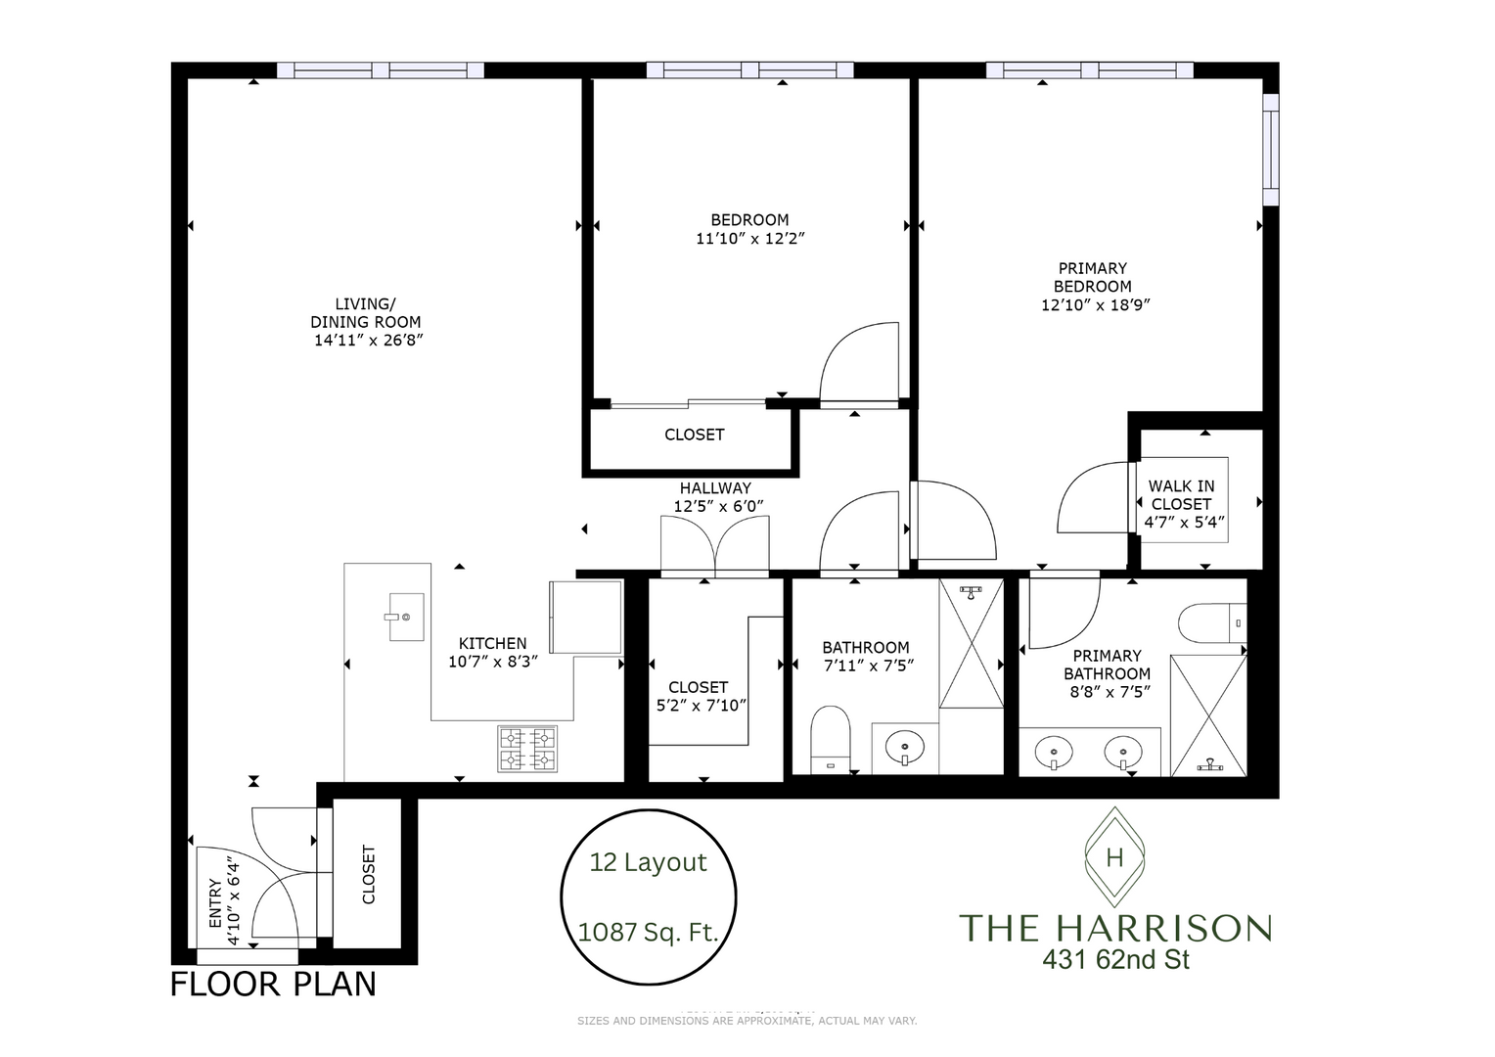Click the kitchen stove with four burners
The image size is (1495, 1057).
pyautogui.click(x=527, y=749)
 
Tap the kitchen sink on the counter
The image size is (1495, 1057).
pyautogui.click(x=406, y=617)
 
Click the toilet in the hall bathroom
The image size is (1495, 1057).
pyautogui.click(x=831, y=739)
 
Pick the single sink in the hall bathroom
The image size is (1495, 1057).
pyautogui.click(x=905, y=750)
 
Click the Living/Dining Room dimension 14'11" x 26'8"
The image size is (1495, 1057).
pyautogui.click(x=368, y=341)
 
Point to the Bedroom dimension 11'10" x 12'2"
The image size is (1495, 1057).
pyautogui.click(x=749, y=238)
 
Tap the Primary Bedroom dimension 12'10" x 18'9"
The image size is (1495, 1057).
pyautogui.click(x=1094, y=304)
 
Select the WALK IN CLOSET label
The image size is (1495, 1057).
pyautogui.click(x=1181, y=494)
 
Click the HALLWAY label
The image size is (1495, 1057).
pyautogui.click(x=715, y=487)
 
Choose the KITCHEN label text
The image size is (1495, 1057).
pyautogui.click(x=493, y=643)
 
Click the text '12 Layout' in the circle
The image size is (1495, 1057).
pyautogui.click(x=648, y=862)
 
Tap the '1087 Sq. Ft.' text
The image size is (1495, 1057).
pyautogui.click(x=648, y=932)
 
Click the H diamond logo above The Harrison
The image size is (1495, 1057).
pyautogui.click(x=1113, y=858)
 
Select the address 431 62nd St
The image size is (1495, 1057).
pyautogui.click(x=1115, y=960)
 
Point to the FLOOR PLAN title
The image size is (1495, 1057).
pyautogui.click(x=273, y=984)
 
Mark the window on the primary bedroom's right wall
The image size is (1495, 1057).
pyautogui.click(x=1270, y=150)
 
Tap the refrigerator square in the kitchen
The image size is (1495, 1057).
pyautogui.click(x=585, y=617)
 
